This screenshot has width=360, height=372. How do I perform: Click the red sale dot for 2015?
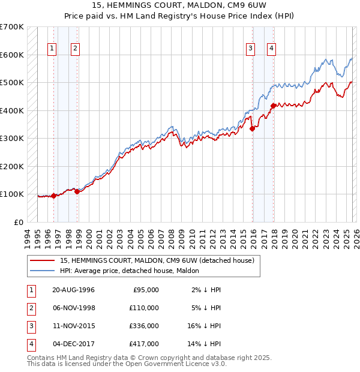[252, 128]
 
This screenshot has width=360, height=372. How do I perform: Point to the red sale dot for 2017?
[274, 106]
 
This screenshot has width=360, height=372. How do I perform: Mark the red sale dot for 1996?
[54, 195]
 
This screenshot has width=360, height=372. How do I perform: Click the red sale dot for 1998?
[77, 191]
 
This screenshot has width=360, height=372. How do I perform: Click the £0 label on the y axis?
[19, 222]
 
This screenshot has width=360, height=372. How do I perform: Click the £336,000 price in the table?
[145, 327]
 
